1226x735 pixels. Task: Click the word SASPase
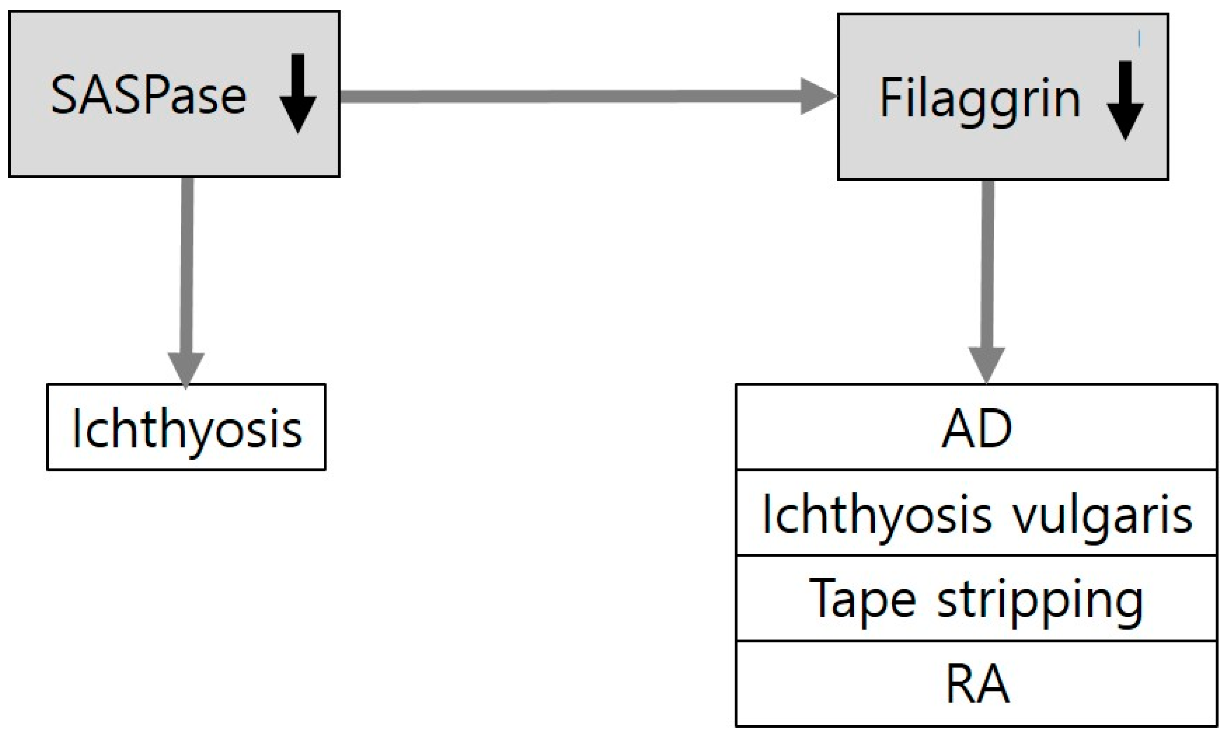(149, 95)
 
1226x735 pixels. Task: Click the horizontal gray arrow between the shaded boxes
(569, 96)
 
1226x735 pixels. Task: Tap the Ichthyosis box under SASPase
(186, 427)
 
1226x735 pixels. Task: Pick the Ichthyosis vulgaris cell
(976, 514)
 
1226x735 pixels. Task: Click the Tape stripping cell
(976, 599)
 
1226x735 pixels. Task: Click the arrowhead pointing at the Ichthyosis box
(186, 369)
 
